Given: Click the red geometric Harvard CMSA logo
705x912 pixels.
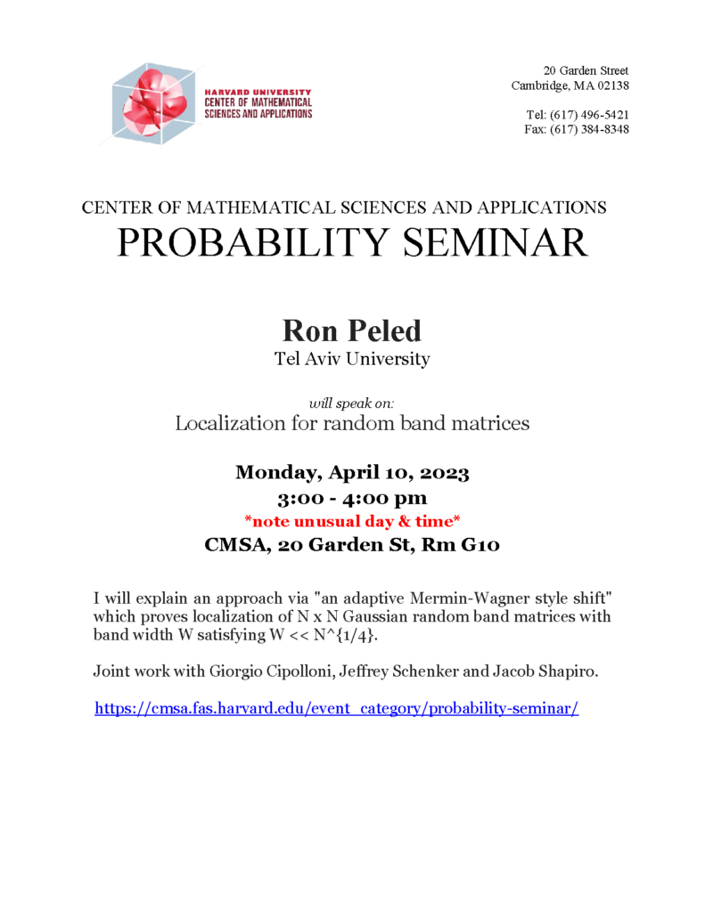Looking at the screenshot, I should point(151,103).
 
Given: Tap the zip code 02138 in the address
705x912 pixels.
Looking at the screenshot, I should point(611,85).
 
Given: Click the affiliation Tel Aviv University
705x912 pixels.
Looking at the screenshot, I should point(352,360).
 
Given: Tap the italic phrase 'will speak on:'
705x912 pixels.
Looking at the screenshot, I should point(351,403).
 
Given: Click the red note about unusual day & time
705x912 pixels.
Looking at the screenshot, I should point(352,521).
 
